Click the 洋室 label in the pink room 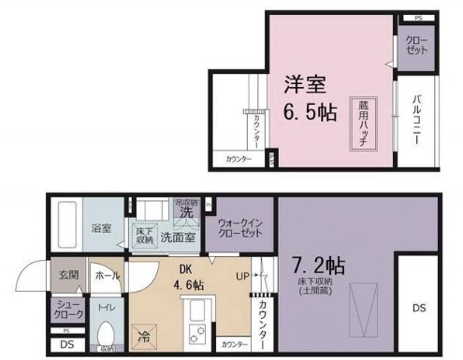point(306,85)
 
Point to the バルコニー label point(416,122)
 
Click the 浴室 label point(100,227)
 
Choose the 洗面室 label point(177,237)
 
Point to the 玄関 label point(69,276)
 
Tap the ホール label point(106,276)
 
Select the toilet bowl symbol point(106,334)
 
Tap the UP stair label point(241,277)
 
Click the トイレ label point(107,307)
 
